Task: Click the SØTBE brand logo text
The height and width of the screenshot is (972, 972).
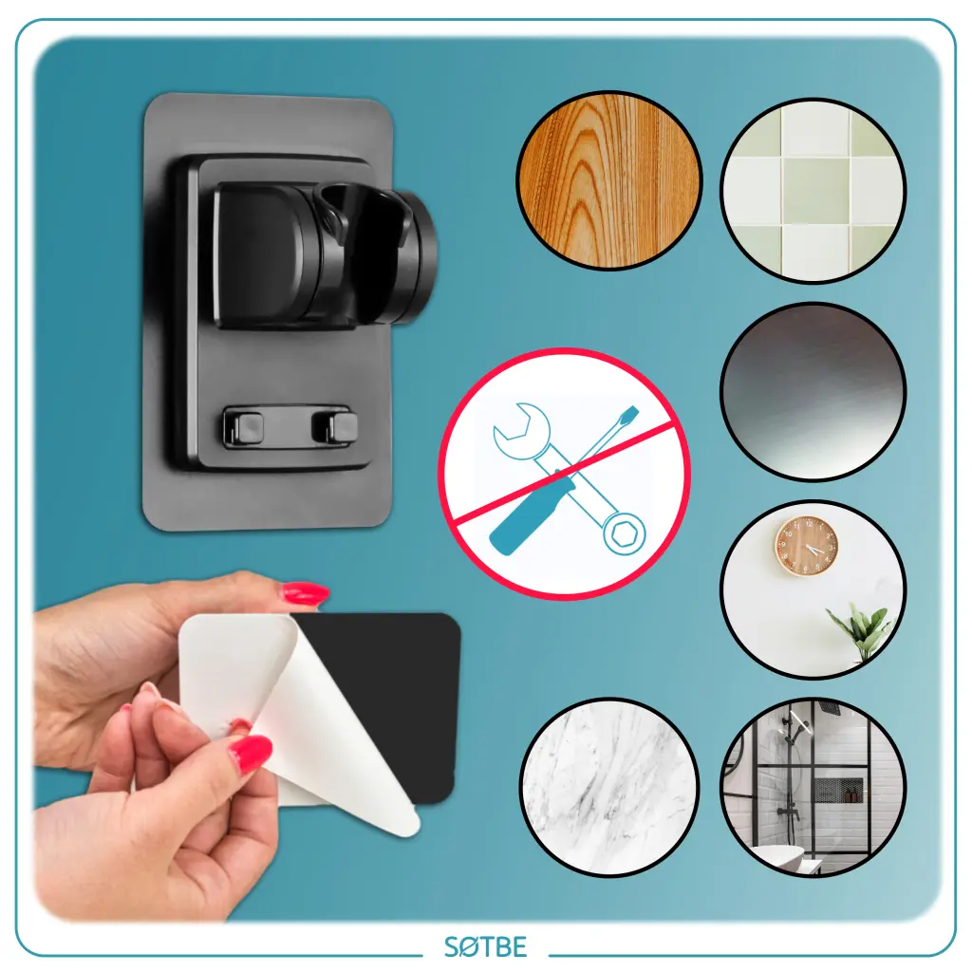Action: click(485, 946)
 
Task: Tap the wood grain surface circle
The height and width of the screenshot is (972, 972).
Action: click(609, 179)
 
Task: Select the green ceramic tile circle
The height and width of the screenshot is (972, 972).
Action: click(813, 190)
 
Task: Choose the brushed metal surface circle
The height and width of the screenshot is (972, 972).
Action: click(813, 391)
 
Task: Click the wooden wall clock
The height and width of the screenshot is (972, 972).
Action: click(807, 546)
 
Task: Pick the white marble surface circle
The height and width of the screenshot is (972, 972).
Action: click(610, 787)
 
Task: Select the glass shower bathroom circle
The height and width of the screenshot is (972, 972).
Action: click(813, 787)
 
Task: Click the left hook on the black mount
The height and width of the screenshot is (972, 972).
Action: click(244, 427)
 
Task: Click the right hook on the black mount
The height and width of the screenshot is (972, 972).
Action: click(335, 427)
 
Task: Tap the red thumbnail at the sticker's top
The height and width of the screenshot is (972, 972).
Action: click(305, 594)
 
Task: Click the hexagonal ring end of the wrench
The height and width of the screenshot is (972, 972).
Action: click(623, 533)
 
